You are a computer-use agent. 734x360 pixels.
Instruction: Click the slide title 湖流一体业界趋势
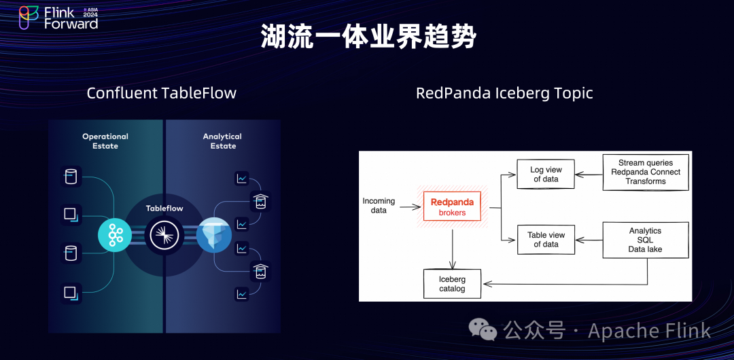pos(368,37)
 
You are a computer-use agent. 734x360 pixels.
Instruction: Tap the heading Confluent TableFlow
pos(162,92)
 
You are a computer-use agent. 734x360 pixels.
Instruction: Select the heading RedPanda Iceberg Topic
pos(504,92)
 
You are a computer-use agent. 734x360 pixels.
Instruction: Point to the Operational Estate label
pos(105,141)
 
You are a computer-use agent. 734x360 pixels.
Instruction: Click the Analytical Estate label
pos(222,141)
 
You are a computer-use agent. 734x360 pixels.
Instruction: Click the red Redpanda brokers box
pos(452,206)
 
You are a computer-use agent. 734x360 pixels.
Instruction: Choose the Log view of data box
pos(546,174)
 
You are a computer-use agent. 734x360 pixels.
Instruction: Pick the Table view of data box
pos(546,240)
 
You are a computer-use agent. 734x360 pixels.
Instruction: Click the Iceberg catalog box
pos(452,284)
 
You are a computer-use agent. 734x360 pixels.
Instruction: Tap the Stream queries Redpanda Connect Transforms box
pos(646,173)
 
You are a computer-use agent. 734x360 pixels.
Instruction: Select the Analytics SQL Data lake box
pos(646,240)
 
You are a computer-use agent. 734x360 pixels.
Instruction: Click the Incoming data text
pos(379,206)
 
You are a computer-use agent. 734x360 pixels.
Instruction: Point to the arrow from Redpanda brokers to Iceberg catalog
pos(452,249)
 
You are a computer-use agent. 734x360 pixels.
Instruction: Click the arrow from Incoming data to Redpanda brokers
pos(411,206)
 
